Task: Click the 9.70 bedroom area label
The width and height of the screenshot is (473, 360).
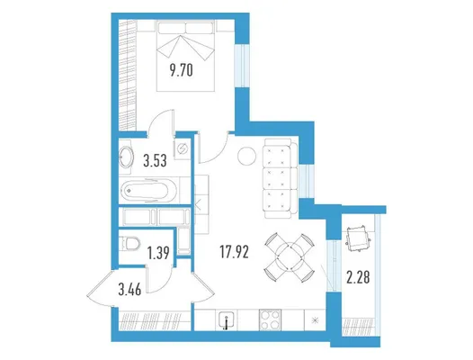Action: [x=181, y=72]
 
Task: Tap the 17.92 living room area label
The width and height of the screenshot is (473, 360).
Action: [x=235, y=252]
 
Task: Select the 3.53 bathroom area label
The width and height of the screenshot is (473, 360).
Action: [x=155, y=161]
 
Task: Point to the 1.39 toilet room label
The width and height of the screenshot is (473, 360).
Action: [x=158, y=253]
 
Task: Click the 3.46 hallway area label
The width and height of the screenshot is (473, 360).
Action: [x=129, y=290]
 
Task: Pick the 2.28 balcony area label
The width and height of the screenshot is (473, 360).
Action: [x=358, y=277]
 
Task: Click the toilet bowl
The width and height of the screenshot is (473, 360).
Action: [x=129, y=243]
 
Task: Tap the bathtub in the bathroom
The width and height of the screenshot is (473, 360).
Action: [x=148, y=191]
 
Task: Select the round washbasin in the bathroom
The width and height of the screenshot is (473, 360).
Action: [x=126, y=157]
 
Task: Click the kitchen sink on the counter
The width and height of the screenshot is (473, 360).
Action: [x=227, y=320]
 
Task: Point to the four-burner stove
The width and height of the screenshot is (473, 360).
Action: [x=270, y=319]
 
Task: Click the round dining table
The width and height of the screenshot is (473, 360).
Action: [x=290, y=257]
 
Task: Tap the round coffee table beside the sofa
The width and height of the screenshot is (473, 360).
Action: [x=246, y=156]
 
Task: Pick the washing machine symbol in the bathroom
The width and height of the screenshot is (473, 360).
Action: [x=183, y=148]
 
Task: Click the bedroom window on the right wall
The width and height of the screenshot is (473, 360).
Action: [x=242, y=66]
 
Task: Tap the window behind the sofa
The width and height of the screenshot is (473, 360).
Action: [x=307, y=181]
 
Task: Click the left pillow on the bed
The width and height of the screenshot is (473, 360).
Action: [x=172, y=29]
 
